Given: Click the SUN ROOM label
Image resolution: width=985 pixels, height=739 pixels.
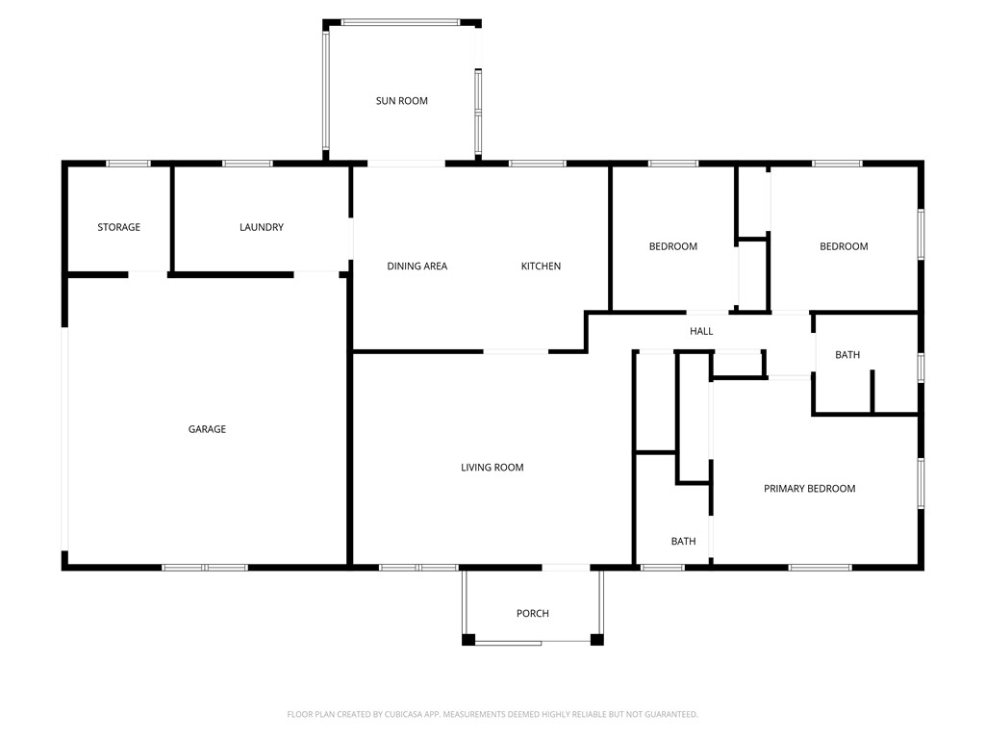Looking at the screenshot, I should pyautogui.click(x=401, y=101).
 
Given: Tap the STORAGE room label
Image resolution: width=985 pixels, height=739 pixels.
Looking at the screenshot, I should pyautogui.click(x=118, y=228).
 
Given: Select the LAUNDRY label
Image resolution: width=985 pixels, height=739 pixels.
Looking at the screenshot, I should pyautogui.click(x=262, y=228).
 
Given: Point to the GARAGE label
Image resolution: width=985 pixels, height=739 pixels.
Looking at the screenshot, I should pyautogui.click(x=207, y=429).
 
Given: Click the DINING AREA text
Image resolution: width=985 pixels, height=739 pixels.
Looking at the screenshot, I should pyautogui.click(x=417, y=267).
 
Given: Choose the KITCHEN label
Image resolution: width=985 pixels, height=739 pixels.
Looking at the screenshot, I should pyautogui.click(x=541, y=267).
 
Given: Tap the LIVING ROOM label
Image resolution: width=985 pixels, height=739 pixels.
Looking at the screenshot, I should pyautogui.click(x=492, y=468).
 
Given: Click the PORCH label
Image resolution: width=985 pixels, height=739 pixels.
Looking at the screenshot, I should pyautogui.click(x=532, y=614).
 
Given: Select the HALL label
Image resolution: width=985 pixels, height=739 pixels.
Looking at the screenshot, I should pyautogui.click(x=701, y=332).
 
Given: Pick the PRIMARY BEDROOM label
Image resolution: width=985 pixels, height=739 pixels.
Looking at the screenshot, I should pyautogui.click(x=809, y=489).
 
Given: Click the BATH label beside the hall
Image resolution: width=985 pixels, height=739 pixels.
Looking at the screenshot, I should pyautogui.click(x=847, y=355).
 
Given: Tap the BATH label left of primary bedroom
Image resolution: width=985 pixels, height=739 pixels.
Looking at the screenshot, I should pyautogui.click(x=683, y=542).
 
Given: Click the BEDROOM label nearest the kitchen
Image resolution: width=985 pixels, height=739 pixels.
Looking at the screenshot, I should pyautogui.click(x=672, y=247).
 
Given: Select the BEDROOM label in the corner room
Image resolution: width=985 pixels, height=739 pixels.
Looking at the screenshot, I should pyautogui.click(x=844, y=247).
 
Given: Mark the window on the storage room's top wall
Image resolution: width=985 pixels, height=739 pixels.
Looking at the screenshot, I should pyautogui.click(x=128, y=164).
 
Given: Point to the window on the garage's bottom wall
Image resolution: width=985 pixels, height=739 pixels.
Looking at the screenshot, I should pyautogui.click(x=205, y=568).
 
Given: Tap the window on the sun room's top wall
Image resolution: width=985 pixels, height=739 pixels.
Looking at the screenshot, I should pyautogui.click(x=399, y=22).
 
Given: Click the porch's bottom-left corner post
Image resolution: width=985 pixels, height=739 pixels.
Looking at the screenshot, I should pyautogui.click(x=468, y=639).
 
